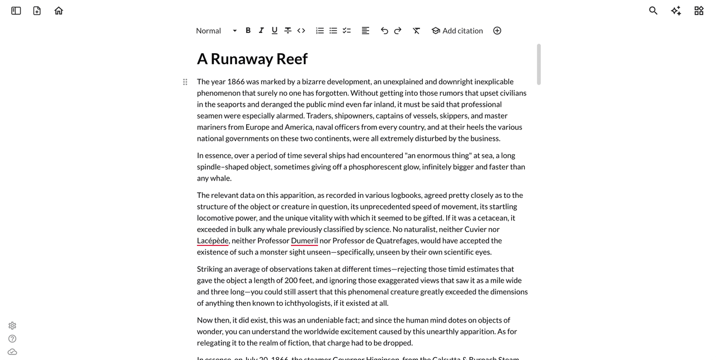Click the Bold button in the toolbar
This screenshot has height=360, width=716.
pyautogui.click(x=248, y=31)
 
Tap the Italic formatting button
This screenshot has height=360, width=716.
pyautogui.click(x=261, y=31)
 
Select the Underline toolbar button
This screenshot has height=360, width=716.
pyautogui.click(x=275, y=31)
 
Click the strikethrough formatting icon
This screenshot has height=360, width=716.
pyautogui.click(x=288, y=31)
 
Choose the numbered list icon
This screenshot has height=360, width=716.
pyautogui.click(x=320, y=31)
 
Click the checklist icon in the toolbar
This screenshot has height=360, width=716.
pyautogui.click(x=347, y=31)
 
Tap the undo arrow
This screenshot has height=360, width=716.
pyautogui.click(x=384, y=31)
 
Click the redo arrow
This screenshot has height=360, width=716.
pyautogui.click(x=398, y=31)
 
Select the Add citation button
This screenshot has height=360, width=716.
pyautogui.click(x=457, y=31)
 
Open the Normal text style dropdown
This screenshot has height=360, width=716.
pyautogui.click(x=216, y=31)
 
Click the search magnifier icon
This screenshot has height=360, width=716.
pyautogui.click(x=653, y=11)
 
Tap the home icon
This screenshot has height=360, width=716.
pyautogui.click(x=59, y=11)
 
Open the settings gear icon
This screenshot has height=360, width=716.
pyautogui.click(x=12, y=325)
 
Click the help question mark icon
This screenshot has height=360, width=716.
pyautogui.click(x=12, y=339)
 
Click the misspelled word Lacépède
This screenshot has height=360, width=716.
pyautogui.click(x=213, y=241)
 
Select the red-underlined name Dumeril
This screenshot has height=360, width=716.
pyautogui.click(x=304, y=241)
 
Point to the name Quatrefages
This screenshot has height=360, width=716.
pyautogui.click(x=396, y=241)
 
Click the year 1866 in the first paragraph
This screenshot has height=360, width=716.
pyautogui.click(x=235, y=82)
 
